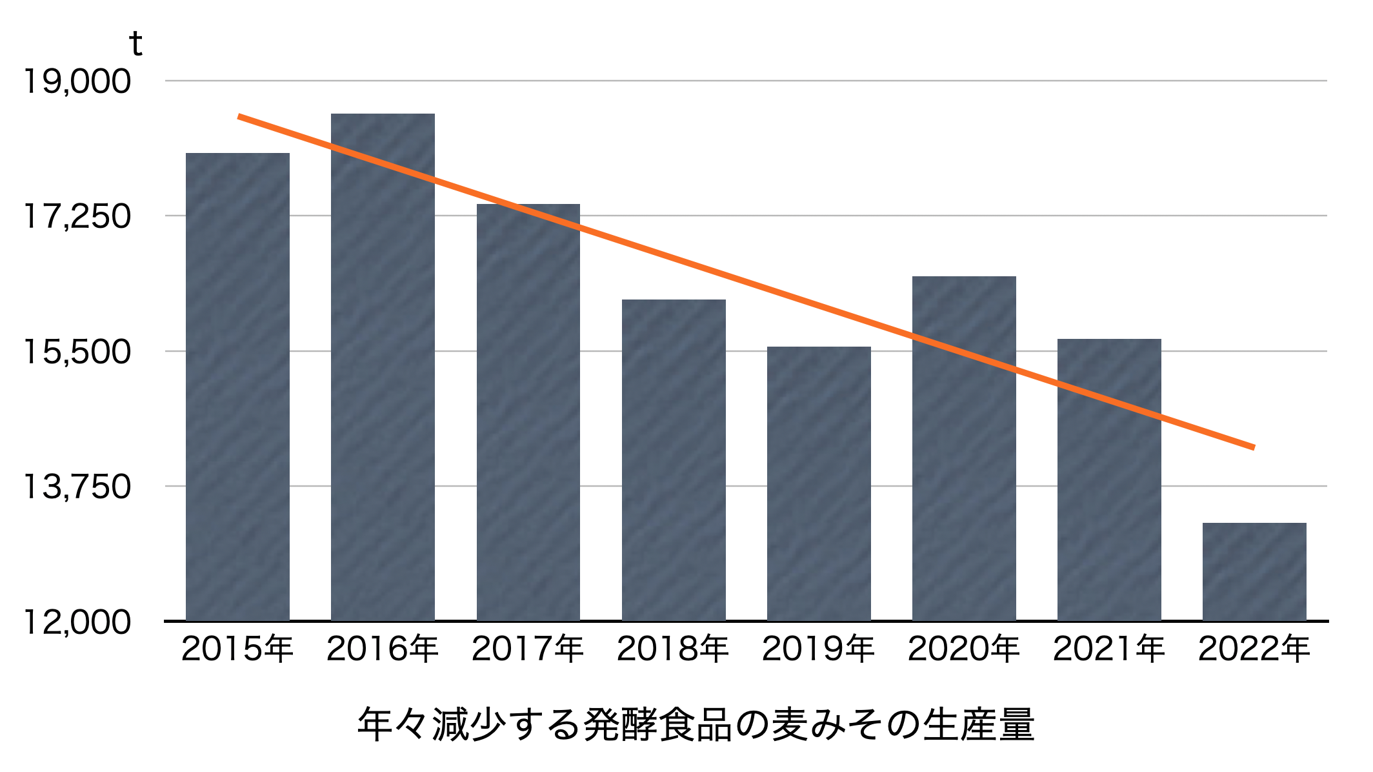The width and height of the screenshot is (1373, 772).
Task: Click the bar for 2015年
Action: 237,387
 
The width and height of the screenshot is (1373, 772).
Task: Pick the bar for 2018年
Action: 674,460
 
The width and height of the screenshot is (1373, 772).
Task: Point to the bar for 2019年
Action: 819,484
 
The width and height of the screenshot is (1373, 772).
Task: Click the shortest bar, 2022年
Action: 1254,572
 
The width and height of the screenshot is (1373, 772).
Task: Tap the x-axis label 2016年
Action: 383,649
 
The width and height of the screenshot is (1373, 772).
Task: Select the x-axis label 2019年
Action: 819,649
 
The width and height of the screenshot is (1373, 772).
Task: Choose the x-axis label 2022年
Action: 1254,649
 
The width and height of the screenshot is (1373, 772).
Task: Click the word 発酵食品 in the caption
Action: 657,725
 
